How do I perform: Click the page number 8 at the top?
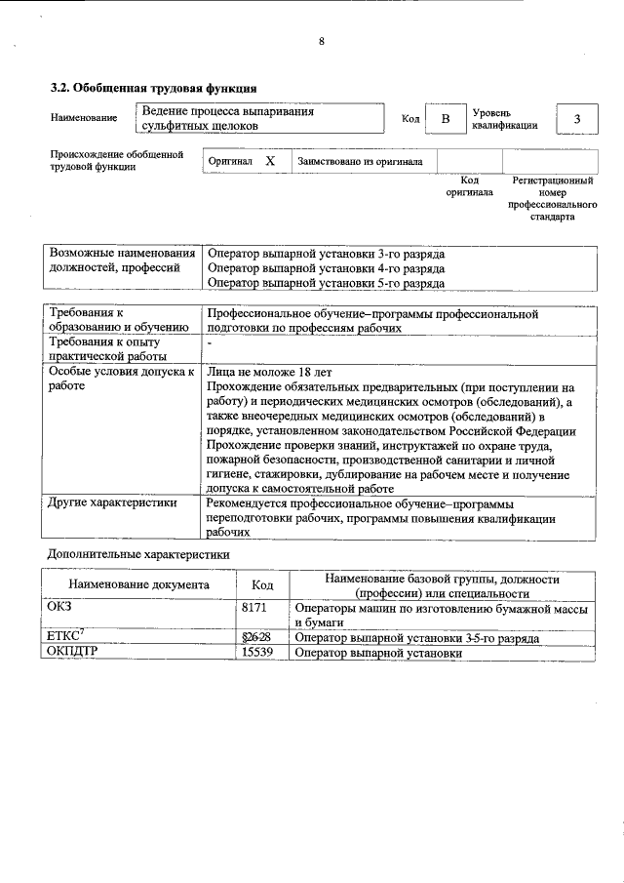pos(321,41)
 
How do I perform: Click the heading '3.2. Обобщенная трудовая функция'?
pos(153,89)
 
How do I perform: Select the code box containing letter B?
pos(445,119)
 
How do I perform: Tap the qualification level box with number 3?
pos(576,119)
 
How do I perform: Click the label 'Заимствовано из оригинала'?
pos(360,162)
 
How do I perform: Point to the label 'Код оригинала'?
pos(469,186)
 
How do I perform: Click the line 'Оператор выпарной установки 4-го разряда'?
pos(327,267)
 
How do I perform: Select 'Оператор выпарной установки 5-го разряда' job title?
pos(327,283)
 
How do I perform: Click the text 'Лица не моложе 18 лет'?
pos(270,372)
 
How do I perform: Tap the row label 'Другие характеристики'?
pos(112,503)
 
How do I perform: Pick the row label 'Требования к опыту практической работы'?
pos(104,349)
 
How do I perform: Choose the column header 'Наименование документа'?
pos(138,585)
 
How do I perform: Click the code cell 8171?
pos(254,607)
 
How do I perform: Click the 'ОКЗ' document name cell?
pos(60,607)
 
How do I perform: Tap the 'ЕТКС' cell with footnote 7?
pos(65,637)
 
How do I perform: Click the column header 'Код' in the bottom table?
pos(262,585)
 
